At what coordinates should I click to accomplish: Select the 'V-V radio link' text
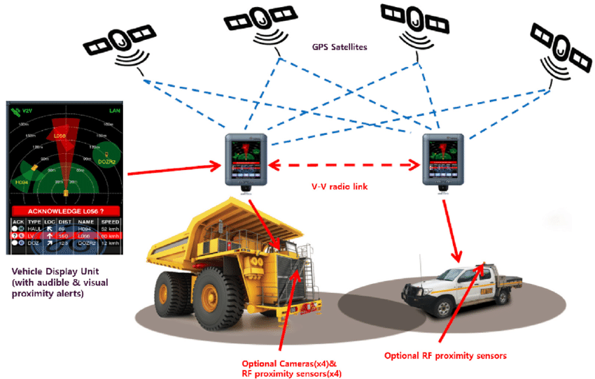[341, 187]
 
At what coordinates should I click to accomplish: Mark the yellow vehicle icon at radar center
[66, 191]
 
